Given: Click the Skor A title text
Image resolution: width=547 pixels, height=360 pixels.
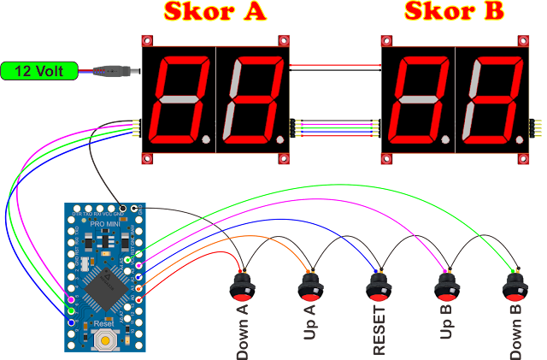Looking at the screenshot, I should [x=215, y=12].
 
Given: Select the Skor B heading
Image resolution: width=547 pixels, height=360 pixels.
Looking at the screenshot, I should [x=454, y=12].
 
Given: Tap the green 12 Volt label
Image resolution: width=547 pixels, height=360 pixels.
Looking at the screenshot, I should [x=38, y=71].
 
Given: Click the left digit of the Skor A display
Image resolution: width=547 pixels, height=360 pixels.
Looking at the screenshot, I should [x=180, y=100].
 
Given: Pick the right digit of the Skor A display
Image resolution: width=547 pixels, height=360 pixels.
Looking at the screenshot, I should [x=252, y=100].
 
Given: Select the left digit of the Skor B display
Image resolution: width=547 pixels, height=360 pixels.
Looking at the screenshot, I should [x=419, y=100].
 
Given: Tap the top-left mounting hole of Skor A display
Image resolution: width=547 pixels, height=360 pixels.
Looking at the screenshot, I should [x=147, y=41].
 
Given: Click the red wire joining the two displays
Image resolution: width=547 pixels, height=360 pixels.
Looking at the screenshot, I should [x=335, y=64].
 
